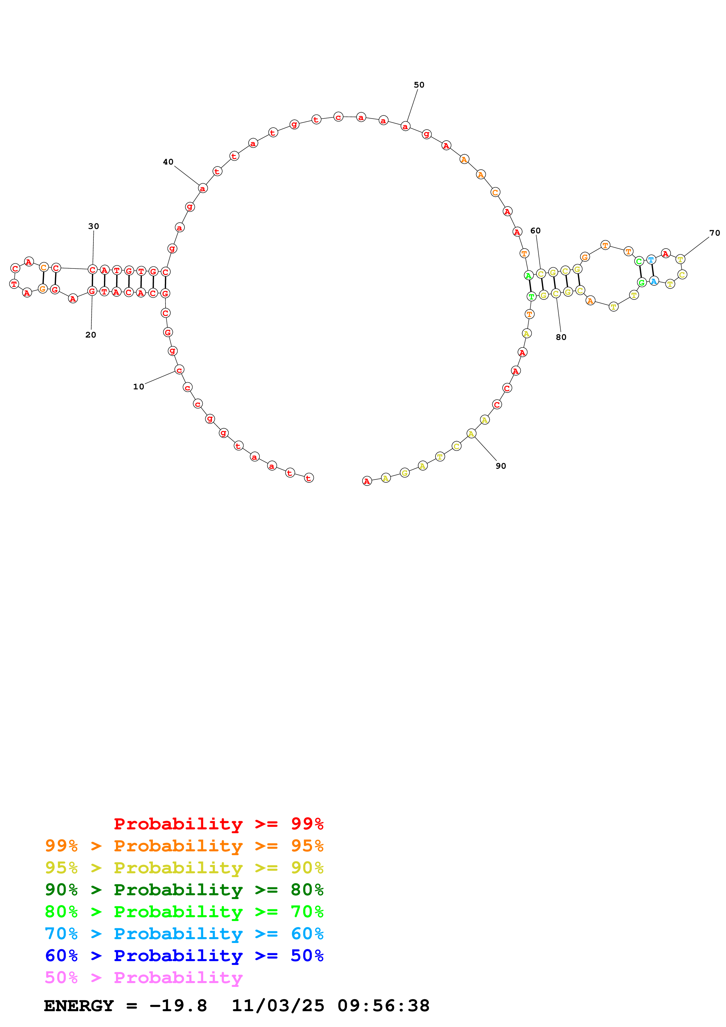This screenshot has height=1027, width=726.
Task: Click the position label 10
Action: [x=138, y=386]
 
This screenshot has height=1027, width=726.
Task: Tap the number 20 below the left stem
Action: [x=90, y=335]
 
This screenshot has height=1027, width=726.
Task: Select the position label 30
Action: [x=93, y=226]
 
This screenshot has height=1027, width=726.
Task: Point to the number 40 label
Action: [x=168, y=162]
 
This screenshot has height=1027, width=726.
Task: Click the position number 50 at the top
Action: [x=419, y=85]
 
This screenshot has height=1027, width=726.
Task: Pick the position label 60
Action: [x=535, y=230]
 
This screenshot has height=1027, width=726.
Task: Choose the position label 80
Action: [x=561, y=337]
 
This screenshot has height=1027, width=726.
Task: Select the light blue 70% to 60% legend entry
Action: [x=184, y=934]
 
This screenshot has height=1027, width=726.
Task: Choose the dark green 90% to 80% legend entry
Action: [x=184, y=890]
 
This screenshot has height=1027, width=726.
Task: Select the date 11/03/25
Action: [x=278, y=1006]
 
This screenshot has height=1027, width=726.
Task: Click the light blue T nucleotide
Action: [x=651, y=259]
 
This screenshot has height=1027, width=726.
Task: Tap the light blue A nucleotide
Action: [x=654, y=281]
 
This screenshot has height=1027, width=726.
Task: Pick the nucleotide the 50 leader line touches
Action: [x=405, y=126]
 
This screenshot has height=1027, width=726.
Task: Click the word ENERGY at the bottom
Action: [x=79, y=1006]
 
